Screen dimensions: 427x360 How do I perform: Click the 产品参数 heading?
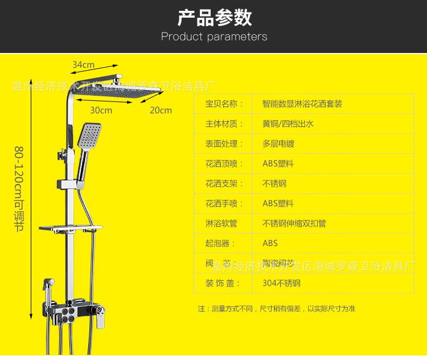click(214, 18)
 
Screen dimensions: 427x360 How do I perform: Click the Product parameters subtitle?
click(214, 37)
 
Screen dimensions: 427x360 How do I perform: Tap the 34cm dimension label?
click(83, 64)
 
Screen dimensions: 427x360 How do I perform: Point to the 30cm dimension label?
click(101, 110)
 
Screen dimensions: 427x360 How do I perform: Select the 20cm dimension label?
click(161, 110)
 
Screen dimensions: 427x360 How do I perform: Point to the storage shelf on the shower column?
click(71, 229)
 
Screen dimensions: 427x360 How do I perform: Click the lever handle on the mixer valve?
click(100, 314)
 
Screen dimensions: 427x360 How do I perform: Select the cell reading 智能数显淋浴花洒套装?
click(302, 104)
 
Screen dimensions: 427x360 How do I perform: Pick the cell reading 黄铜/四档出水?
click(288, 124)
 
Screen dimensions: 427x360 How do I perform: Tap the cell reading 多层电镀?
click(278, 144)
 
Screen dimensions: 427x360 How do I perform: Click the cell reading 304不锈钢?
click(281, 283)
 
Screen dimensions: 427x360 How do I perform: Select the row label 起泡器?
click(220, 243)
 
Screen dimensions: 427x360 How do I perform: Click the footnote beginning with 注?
click(276, 309)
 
